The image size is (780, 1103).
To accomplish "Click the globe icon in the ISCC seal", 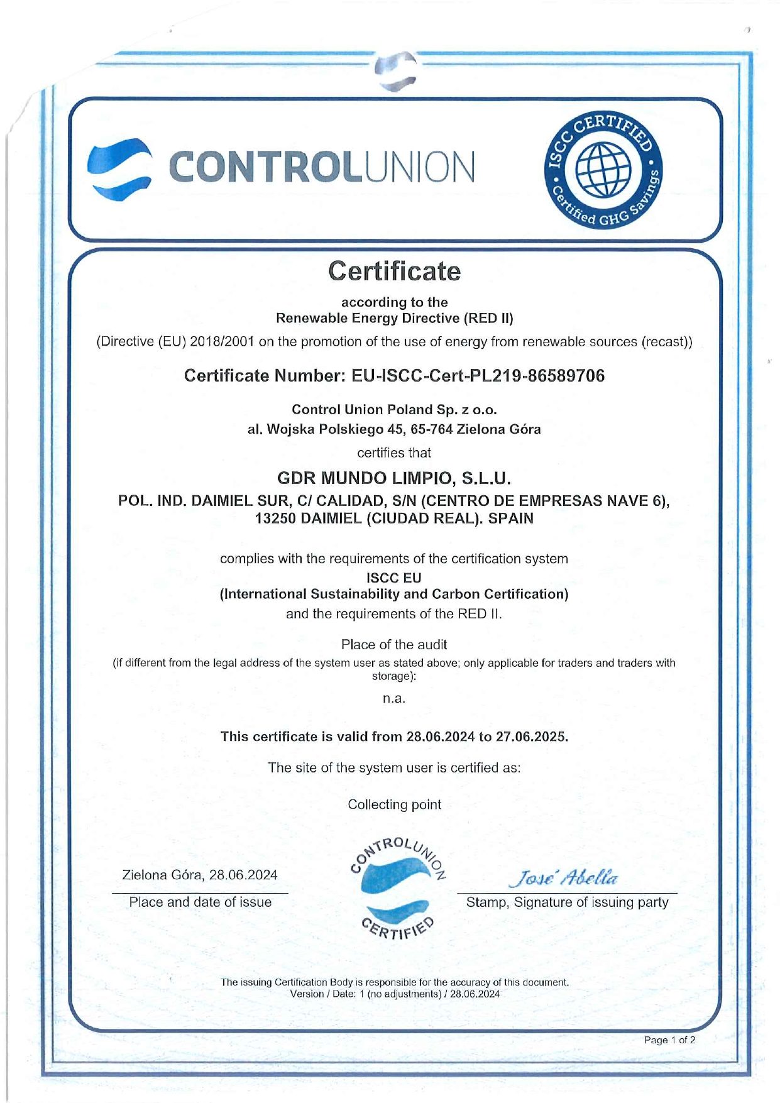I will tap(603, 170).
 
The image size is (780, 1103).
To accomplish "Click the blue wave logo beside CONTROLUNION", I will tap(119, 168).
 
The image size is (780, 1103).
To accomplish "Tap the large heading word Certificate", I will tap(394, 272).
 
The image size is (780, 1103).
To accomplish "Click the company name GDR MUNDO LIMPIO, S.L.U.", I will tap(394, 478).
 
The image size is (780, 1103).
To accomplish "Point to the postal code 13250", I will tap(276, 519).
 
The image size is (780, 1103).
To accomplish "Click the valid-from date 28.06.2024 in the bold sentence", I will tap(440, 737).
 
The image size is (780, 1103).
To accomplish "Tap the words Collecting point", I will tap(394, 804).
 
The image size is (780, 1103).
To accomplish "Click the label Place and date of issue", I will tap(200, 903).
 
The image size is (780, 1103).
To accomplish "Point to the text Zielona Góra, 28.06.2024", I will tap(199, 875).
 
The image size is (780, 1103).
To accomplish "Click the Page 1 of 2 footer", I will tap(669, 1040).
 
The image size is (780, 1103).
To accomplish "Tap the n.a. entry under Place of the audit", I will tap(394, 698).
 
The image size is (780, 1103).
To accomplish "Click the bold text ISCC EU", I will tap(394, 578).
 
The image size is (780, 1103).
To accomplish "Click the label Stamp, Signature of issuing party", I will tap(567, 903).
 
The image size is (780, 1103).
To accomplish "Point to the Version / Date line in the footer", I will tap(395, 994).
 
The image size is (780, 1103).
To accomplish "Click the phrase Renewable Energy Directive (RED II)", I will tap(394, 318).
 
